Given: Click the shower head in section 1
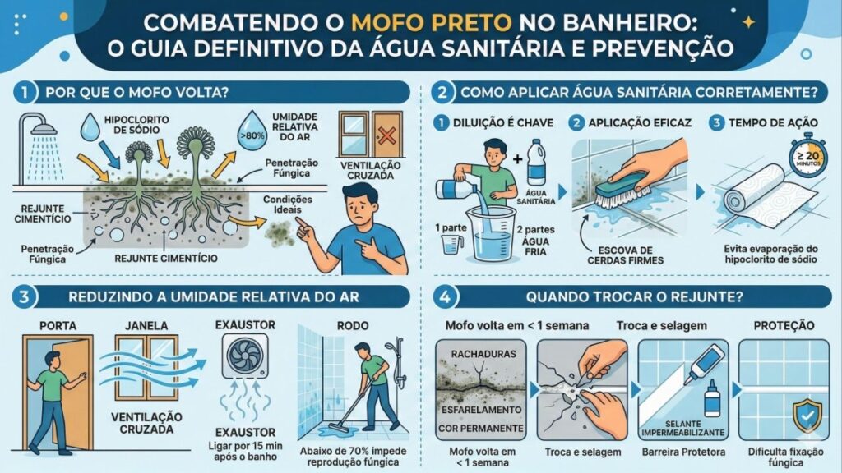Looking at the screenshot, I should pos(48,131).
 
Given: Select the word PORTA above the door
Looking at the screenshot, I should pos(57,325).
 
